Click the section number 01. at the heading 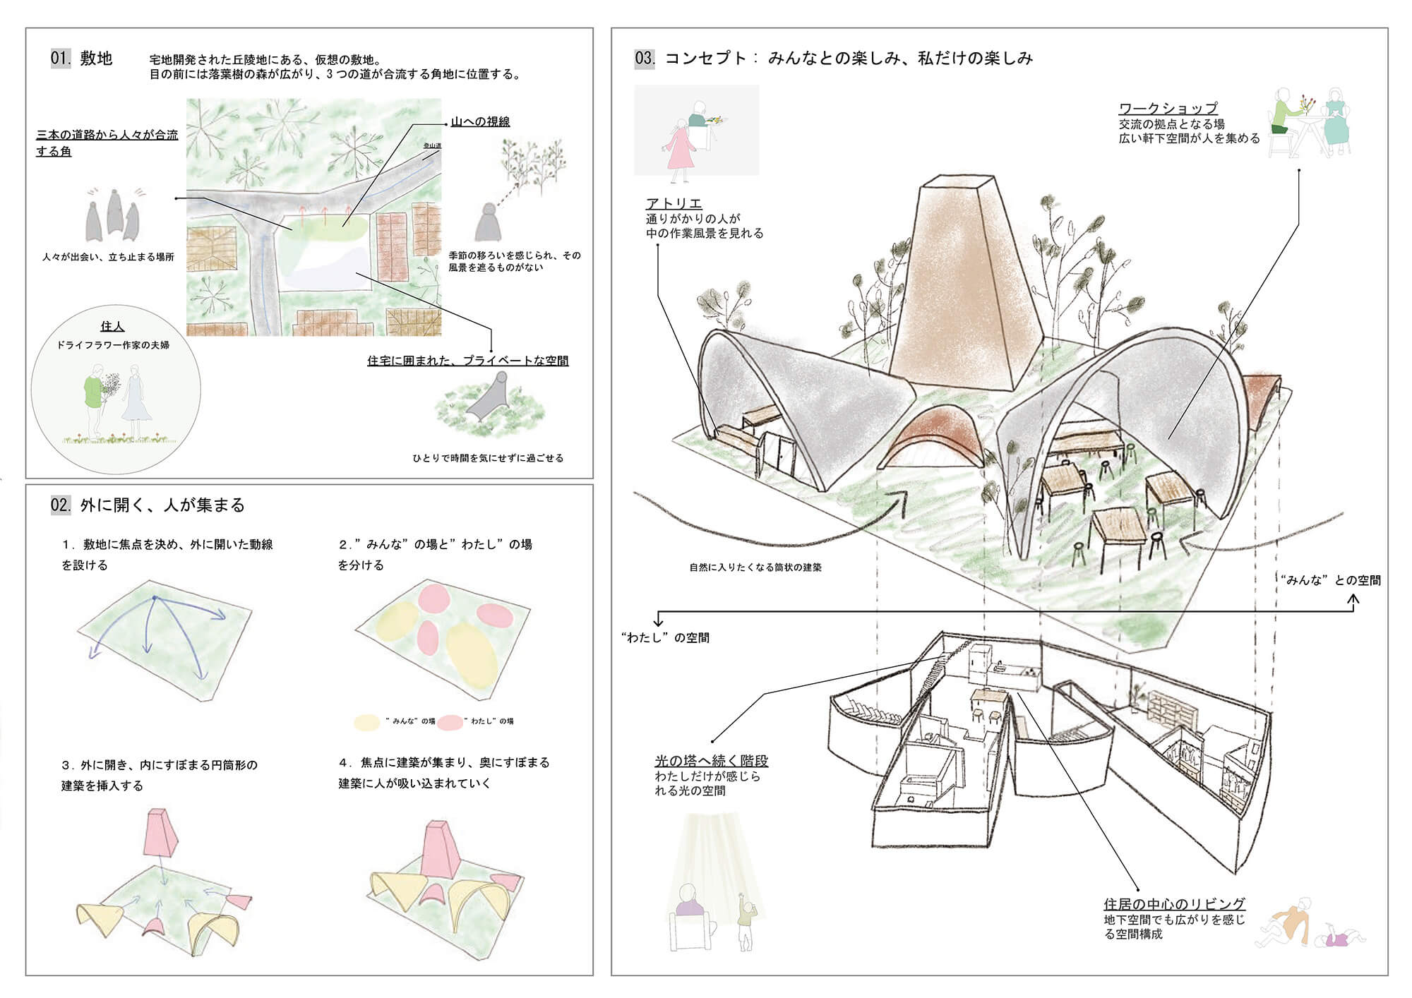point(61,58)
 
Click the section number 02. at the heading point(61,505)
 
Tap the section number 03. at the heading point(645,58)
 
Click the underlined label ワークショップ point(1168,108)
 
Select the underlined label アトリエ point(674,203)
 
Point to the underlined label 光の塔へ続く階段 point(711,761)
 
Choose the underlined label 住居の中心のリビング point(1174,904)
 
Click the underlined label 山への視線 point(480,121)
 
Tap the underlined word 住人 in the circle point(112,326)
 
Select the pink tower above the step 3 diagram point(162,832)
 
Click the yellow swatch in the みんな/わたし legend point(367,721)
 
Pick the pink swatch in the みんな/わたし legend point(450,721)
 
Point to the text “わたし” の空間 point(665,637)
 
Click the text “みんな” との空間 point(1330,580)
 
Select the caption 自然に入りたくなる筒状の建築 point(755,567)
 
